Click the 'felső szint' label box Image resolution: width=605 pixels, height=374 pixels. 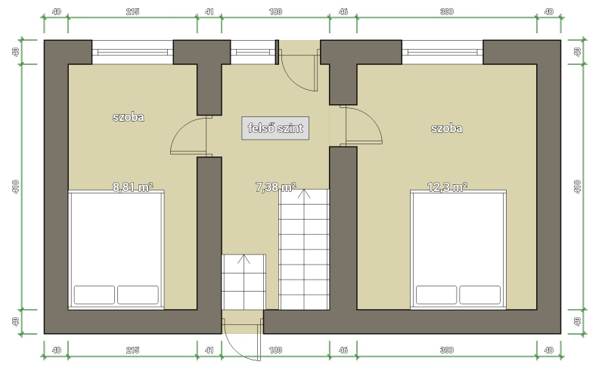pyautogui.click(x=275, y=128)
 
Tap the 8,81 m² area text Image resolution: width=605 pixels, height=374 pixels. pyautogui.click(x=133, y=187)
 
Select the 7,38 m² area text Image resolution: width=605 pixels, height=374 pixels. pyautogui.click(x=275, y=187)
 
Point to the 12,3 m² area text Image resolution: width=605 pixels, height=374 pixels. pyautogui.click(x=447, y=187)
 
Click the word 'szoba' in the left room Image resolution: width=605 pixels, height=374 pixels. pyautogui.click(x=128, y=117)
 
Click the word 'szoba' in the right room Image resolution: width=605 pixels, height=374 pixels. pyautogui.click(x=446, y=128)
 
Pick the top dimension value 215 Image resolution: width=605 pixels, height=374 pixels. pyautogui.click(x=132, y=11)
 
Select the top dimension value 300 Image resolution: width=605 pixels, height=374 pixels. pyautogui.click(x=446, y=11)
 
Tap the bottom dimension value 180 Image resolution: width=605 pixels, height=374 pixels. pyautogui.click(x=275, y=350)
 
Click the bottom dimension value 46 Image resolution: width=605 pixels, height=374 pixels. pyautogui.click(x=343, y=350)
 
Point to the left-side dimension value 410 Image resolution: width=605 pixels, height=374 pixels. pyautogui.click(x=15, y=187)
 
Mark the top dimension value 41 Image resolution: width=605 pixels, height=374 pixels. pyautogui.click(x=209, y=11)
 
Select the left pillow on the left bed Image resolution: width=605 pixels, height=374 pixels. pyautogui.click(x=94, y=295)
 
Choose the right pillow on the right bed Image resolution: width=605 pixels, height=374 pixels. pyautogui.click(x=479, y=295)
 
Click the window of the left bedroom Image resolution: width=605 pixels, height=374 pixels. pyautogui.click(x=132, y=52)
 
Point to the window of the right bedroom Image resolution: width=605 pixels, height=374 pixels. pyautogui.click(x=442, y=52)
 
